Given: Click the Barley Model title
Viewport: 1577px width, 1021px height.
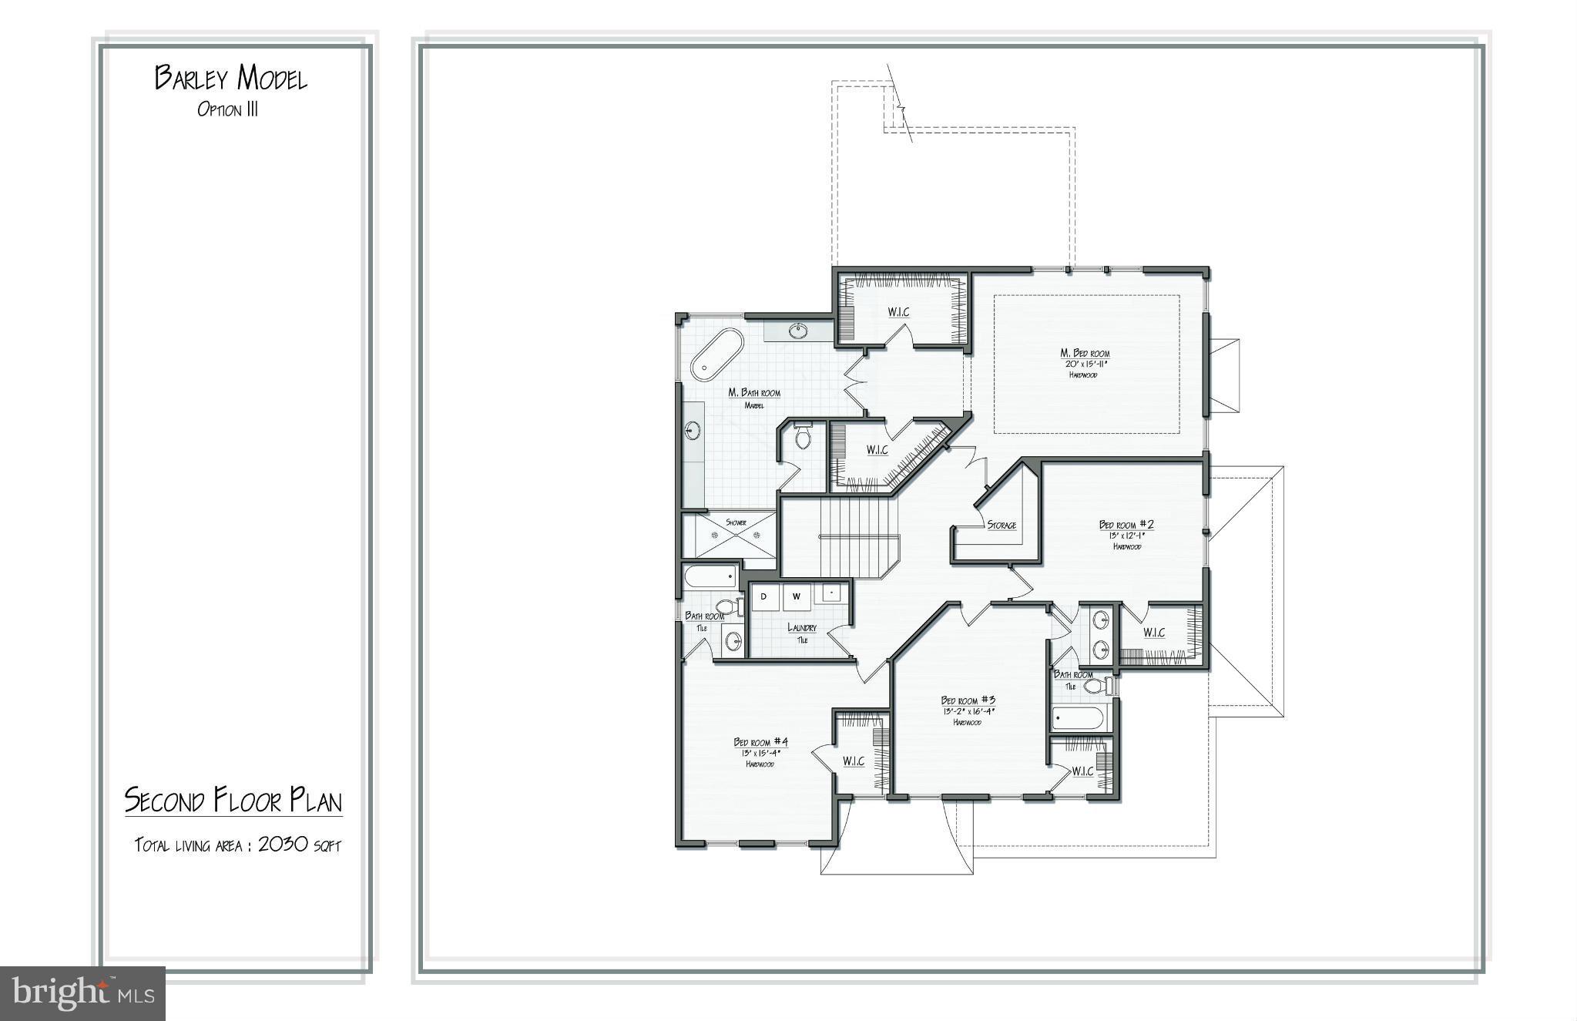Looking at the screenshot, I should [230, 78].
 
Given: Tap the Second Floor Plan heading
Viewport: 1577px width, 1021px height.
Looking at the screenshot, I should [233, 801].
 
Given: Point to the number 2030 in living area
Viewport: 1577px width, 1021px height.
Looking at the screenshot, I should [283, 844].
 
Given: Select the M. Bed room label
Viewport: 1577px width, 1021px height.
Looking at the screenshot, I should [1085, 354].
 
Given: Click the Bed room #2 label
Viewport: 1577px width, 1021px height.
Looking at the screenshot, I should [1126, 525].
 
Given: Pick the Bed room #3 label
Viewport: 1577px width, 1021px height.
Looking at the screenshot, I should [967, 700].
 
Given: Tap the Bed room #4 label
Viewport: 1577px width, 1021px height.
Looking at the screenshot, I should [760, 742].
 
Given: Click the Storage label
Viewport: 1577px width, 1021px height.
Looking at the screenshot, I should [1002, 525].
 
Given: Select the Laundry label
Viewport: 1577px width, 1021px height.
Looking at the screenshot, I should [801, 627].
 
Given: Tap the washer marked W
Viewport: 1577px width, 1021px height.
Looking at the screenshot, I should [797, 596].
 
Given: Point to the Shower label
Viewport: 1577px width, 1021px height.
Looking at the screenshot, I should [736, 522].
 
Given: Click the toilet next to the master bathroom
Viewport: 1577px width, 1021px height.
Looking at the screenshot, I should [803, 438].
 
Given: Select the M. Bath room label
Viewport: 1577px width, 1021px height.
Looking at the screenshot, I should [754, 393].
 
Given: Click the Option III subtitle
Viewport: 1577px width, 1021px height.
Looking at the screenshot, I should [227, 109].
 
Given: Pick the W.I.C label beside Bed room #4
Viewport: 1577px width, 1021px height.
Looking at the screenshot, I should [853, 761].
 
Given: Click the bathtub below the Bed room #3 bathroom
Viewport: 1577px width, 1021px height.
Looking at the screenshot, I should [1079, 719].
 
